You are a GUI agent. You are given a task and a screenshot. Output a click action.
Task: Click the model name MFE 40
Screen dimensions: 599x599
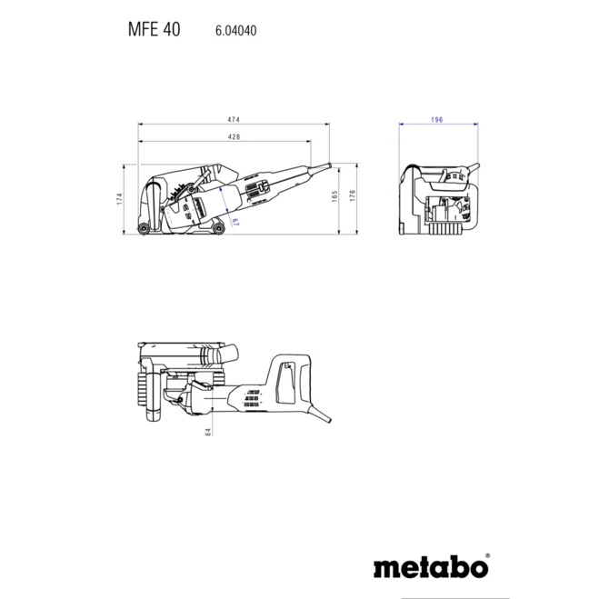click(x=155, y=29)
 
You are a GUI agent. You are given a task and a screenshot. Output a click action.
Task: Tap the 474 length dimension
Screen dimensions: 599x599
click(x=234, y=120)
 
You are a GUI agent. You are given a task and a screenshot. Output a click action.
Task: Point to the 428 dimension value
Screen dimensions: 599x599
click(x=234, y=136)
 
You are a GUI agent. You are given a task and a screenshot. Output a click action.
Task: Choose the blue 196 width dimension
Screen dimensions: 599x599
click(x=436, y=120)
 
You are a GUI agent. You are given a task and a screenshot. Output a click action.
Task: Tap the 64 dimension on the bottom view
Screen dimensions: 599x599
click(x=207, y=431)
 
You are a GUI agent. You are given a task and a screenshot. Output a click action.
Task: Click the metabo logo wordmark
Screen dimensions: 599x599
click(x=429, y=569)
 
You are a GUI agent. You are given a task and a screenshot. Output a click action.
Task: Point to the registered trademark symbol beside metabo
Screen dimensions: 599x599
click(x=487, y=555)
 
